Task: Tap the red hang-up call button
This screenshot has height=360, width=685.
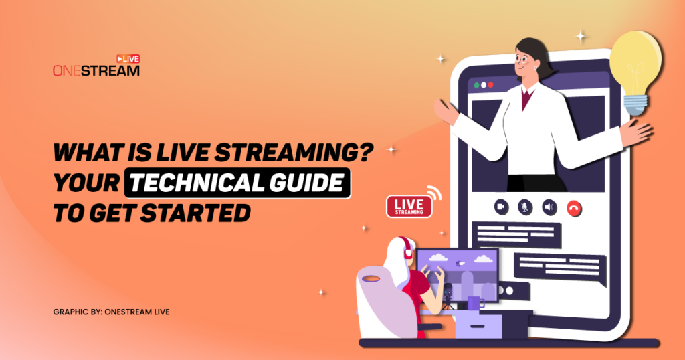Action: pos(573,207)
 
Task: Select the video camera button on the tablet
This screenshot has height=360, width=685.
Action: pos(500,207)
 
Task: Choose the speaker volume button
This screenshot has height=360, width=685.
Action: pos(549,207)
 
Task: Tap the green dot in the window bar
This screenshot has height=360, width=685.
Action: pos(477,86)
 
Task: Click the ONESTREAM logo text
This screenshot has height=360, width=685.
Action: pos(96,70)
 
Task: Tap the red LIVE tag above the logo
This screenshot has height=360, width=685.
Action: pos(128,59)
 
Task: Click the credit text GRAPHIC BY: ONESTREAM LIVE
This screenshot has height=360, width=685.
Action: pos(111,312)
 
